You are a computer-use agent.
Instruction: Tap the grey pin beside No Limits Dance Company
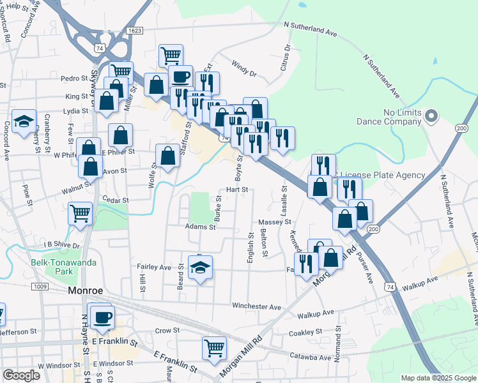pos(431,116)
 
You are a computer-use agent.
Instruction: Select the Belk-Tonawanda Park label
pos(60,267)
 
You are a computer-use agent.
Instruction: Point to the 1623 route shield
pos(134,31)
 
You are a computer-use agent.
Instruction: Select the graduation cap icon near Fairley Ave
pos(201,267)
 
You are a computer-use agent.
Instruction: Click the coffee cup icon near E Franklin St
pos(102,317)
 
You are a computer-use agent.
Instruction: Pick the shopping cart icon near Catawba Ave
pos(215,348)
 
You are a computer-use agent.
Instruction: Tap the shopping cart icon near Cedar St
pos(80,213)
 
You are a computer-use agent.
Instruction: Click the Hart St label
pos(236,190)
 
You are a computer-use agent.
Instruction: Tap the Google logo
pos(22,375)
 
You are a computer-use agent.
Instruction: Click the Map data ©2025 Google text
pos(438,378)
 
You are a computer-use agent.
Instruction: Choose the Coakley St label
pos(305,332)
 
